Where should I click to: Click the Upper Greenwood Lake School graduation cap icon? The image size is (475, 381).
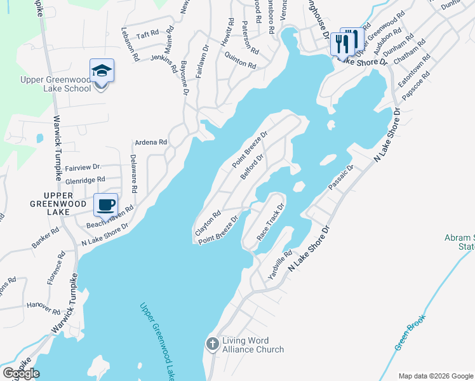[102, 70]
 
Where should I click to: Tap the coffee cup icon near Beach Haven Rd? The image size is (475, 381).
[106, 204]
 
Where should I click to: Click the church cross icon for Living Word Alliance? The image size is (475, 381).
[213, 344]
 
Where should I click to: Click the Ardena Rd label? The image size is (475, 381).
[150, 143]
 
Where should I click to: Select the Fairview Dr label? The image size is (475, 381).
[83, 167]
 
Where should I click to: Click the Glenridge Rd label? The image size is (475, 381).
[84, 180]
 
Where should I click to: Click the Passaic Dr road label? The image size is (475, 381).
[340, 177]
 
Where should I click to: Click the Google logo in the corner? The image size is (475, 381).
[21, 373]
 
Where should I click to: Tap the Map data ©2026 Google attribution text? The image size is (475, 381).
[436, 376]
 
